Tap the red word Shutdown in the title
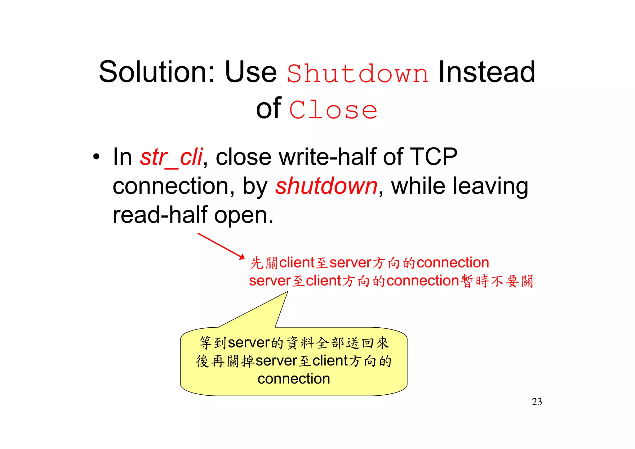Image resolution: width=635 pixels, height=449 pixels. [x=357, y=74]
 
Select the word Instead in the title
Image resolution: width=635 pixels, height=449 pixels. [x=486, y=72]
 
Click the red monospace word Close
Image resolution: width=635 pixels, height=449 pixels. [x=333, y=110]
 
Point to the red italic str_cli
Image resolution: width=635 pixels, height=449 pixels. [x=171, y=157]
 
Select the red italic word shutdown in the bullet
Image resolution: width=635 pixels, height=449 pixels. [x=326, y=186]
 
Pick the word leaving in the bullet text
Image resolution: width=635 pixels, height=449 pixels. [x=491, y=186]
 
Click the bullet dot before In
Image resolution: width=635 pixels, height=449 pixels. [x=96, y=157]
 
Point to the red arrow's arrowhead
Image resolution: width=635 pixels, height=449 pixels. [x=243, y=257]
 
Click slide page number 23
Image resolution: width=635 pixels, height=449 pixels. [x=537, y=402]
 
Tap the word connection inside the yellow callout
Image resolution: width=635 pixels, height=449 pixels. [x=294, y=379]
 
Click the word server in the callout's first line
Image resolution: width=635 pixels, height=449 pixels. [x=249, y=343]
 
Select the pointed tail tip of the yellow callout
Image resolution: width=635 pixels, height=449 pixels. [x=287, y=292]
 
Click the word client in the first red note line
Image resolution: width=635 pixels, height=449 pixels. [x=297, y=263]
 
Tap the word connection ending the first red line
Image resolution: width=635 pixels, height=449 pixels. [x=453, y=263]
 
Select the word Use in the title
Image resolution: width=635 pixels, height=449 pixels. [x=251, y=72]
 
